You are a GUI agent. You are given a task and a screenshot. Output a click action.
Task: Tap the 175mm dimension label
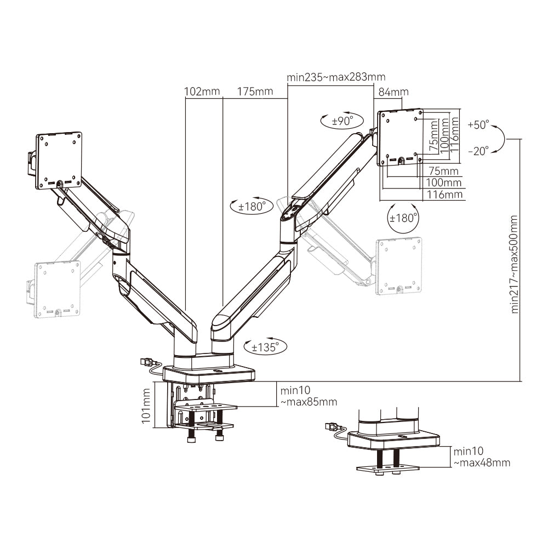pos(255,92)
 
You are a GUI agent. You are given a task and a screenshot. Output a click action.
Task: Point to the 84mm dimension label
pos(390,92)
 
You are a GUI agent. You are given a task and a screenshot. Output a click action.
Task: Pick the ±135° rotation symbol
pos(265,347)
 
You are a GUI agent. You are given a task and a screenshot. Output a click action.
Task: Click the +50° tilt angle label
pos(478,125)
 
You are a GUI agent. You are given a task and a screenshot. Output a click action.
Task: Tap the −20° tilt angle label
pos(478,152)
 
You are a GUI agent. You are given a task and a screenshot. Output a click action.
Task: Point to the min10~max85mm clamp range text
pos(309,396)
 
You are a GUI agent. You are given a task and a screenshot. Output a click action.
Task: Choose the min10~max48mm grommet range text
pos(481,457)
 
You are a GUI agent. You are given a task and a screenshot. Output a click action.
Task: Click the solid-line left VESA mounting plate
pos(58,159)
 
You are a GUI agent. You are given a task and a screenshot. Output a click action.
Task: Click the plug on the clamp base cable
pos(147,362)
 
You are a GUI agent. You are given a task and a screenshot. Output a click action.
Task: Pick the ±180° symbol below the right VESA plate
pos(403,217)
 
